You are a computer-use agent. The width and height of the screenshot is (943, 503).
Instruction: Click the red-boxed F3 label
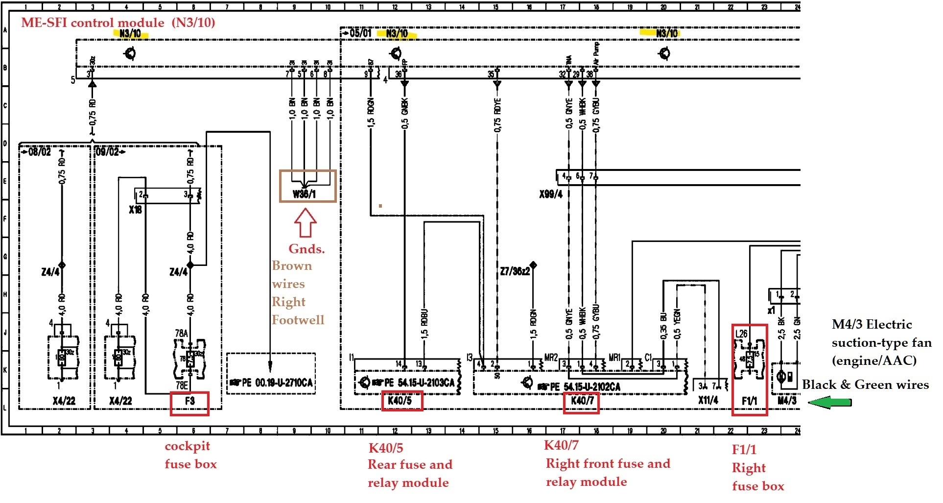[x=189, y=401]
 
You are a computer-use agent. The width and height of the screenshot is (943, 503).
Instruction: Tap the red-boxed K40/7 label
[x=581, y=401]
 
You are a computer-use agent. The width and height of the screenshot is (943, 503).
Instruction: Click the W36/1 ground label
[x=304, y=194]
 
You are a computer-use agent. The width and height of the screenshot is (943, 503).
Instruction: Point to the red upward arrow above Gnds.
[x=305, y=223]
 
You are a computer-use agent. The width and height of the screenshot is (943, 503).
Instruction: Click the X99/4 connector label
[x=551, y=194]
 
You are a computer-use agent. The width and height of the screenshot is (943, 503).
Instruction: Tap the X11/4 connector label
[x=708, y=400]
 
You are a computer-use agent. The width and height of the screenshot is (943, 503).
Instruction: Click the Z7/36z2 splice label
[x=515, y=271]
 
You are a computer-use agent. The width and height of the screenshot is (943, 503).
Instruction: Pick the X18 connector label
[x=135, y=210]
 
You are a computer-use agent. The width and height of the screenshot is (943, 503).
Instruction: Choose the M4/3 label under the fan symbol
[x=786, y=401]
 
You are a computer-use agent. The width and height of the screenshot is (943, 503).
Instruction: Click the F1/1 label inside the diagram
[x=749, y=401]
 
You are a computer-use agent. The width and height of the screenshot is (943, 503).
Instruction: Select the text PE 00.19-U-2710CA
[x=277, y=382]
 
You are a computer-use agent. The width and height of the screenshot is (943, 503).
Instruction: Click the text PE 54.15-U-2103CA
[x=419, y=382]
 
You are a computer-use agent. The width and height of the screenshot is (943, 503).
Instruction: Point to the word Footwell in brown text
[x=298, y=320]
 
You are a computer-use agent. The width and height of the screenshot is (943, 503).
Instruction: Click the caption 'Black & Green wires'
[x=865, y=385]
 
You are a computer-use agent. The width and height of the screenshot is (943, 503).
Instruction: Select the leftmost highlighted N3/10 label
[x=130, y=34]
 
